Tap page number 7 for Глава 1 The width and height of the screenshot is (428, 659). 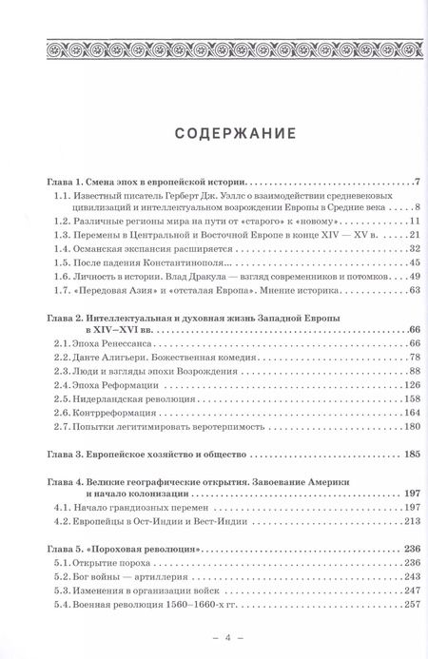pos(416,181)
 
